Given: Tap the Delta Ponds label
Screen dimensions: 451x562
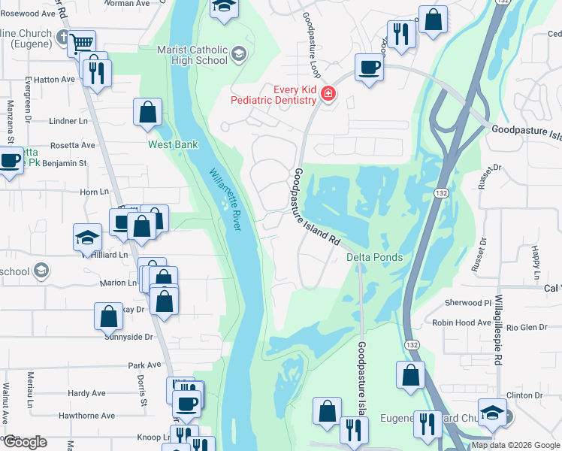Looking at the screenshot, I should click(x=374, y=257).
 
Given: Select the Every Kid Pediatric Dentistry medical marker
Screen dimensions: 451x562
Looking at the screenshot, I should click(x=328, y=94).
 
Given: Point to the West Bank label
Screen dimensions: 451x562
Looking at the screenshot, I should click(x=173, y=144).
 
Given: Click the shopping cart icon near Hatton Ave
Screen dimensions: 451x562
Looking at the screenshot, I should click(x=81, y=44).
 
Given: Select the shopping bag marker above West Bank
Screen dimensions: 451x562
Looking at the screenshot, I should click(x=148, y=113).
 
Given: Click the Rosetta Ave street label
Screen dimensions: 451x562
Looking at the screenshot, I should click(x=73, y=145).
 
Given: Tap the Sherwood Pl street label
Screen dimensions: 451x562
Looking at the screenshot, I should click(x=467, y=303).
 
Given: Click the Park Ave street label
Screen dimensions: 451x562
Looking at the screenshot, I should click(x=145, y=365).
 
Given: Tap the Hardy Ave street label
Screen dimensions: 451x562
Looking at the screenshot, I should click(x=86, y=393).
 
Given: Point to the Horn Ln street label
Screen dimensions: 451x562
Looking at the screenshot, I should click(x=94, y=192).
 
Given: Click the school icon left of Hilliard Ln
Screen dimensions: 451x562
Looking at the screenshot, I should click(x=88, y=238).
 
